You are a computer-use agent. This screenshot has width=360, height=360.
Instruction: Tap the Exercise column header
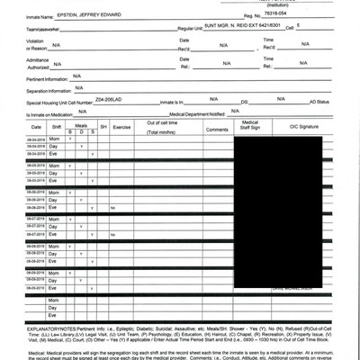(121, 126)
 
